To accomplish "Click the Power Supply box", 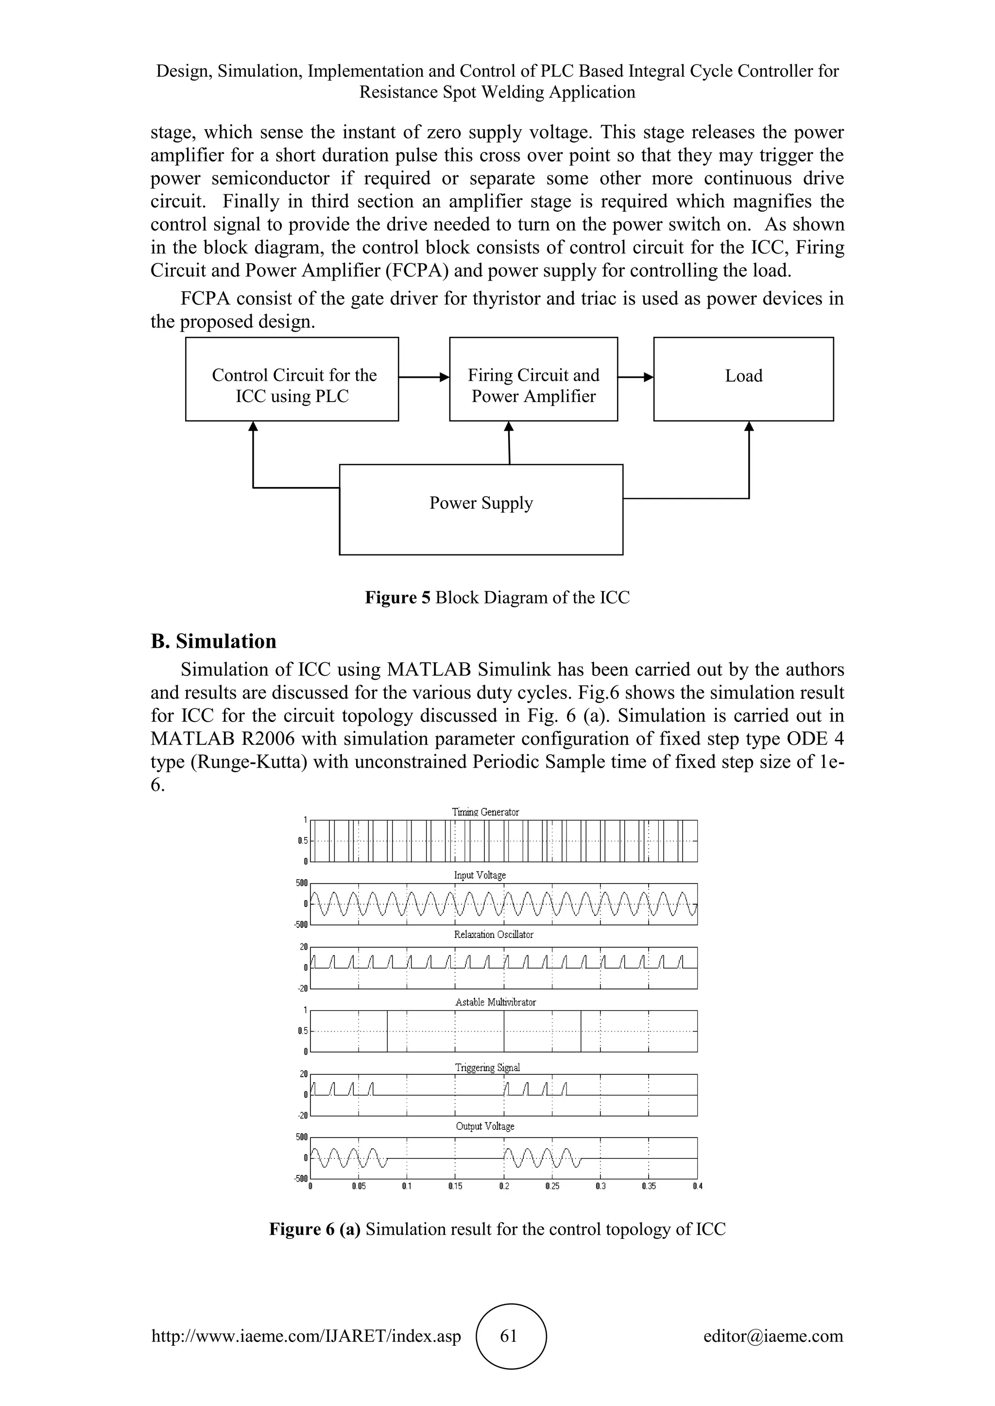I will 481,509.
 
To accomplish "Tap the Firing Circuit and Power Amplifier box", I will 533,379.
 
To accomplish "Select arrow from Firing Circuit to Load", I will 635,378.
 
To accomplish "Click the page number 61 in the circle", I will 509,1336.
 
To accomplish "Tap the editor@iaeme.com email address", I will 773,1336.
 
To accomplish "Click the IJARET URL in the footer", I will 306,1336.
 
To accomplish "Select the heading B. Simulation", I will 213,641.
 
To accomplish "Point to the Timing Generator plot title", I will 485,812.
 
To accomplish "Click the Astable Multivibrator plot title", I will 495,1003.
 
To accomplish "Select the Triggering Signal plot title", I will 487,1067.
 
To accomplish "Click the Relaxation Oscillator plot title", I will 493,935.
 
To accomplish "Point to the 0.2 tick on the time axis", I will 504,1186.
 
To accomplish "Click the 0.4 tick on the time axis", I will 697,1186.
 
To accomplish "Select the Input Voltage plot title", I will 480,875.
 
